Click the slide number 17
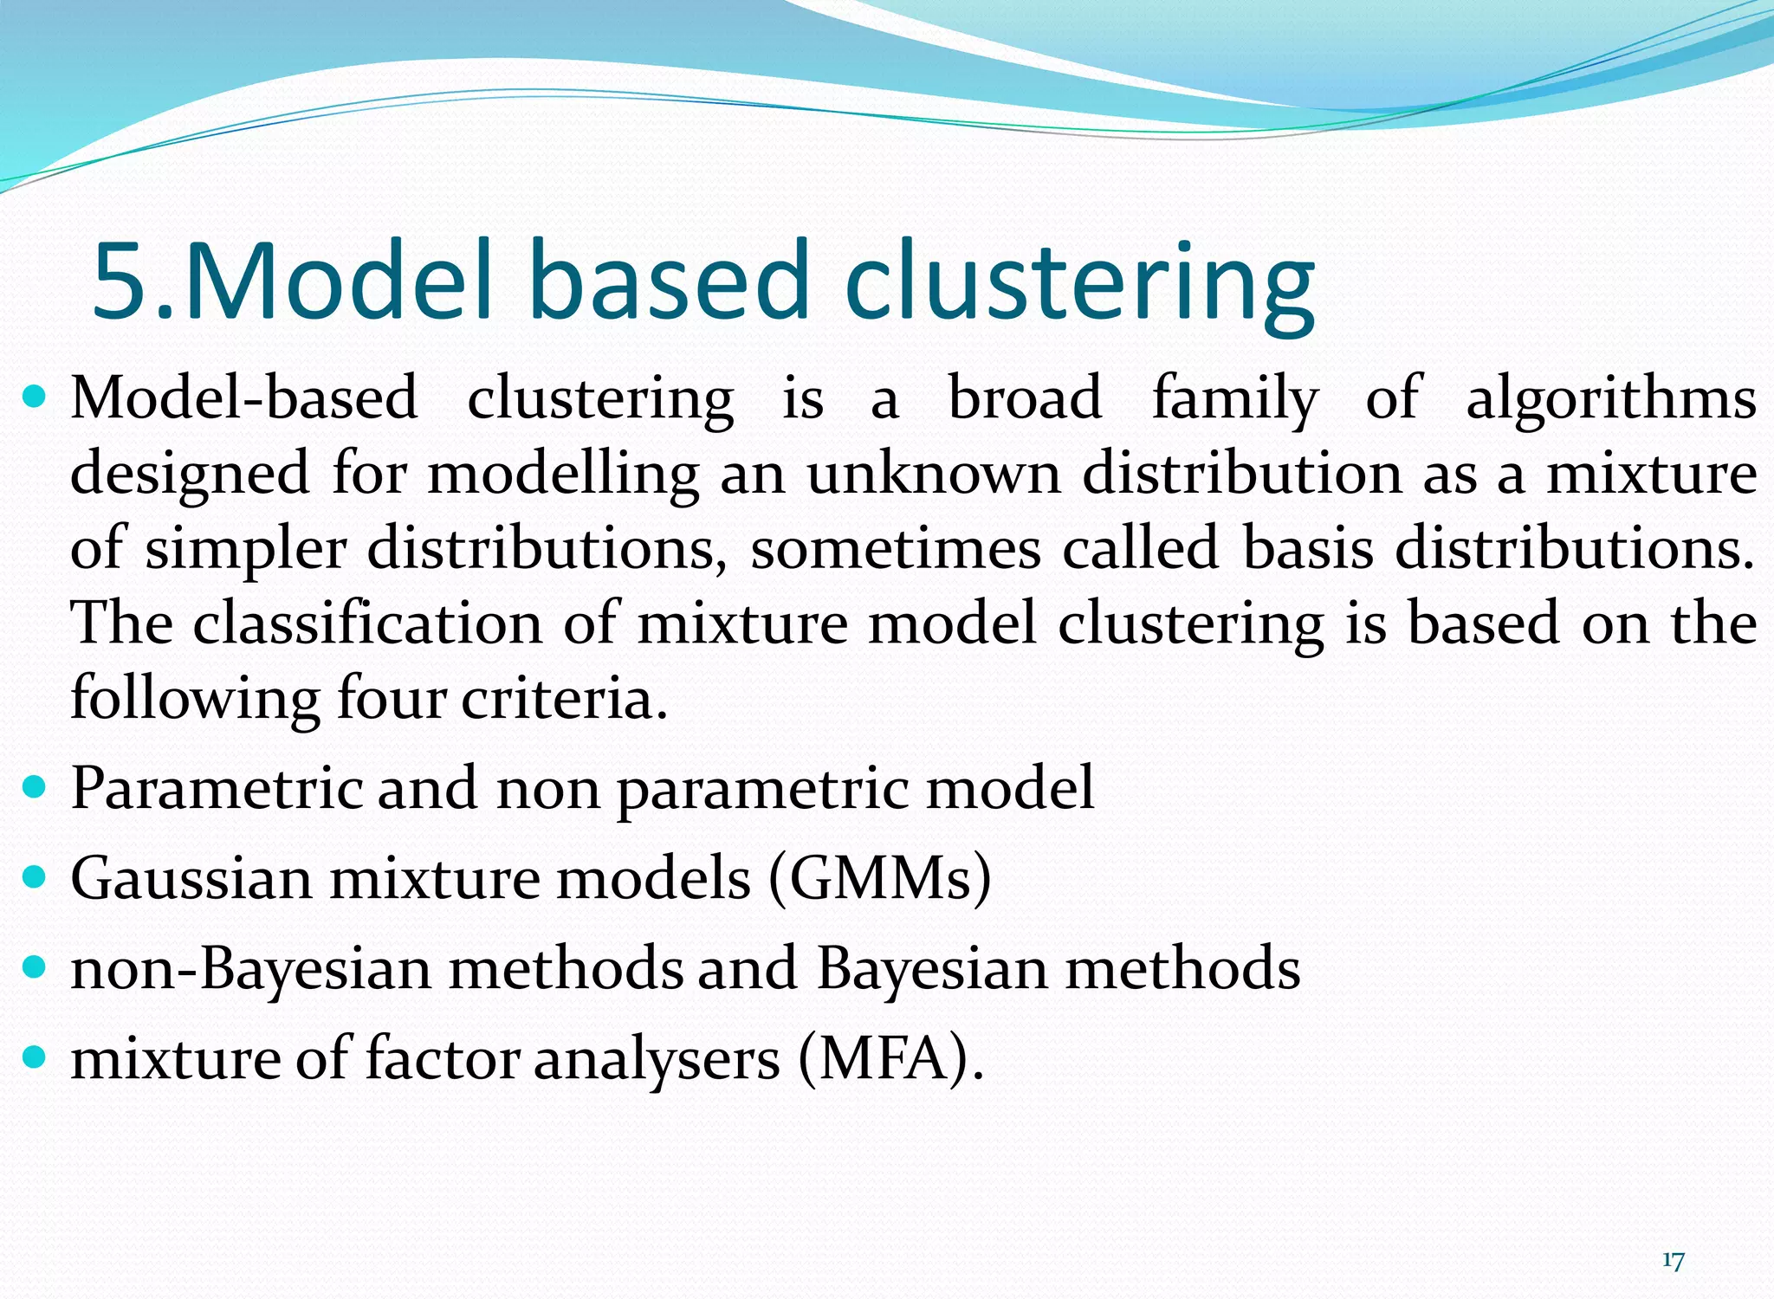pyautogui.click(x=1673, y=1261)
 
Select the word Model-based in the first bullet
pyautogui.click(x=244, y=398)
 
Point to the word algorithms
pyautogui.click(x=1610, y=400)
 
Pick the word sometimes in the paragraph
pyautogui.click(x=895, y=549)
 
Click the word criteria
pyautogui.click(x=564, y=698)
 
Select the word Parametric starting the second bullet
pyautogui.click(x=217, y=788)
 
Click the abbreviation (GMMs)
pyautogui.click(x=879, y=878)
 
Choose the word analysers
pyautogui.click(x=657, y=1058)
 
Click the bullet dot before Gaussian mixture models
pyautogui.click(x=34, y=877)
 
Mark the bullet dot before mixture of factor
pyautogui.click(x=34, y=1057)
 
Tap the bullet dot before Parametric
pyautogui.click(x=34, y=787)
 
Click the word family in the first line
pyautogui.click(x=1234, y=400)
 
